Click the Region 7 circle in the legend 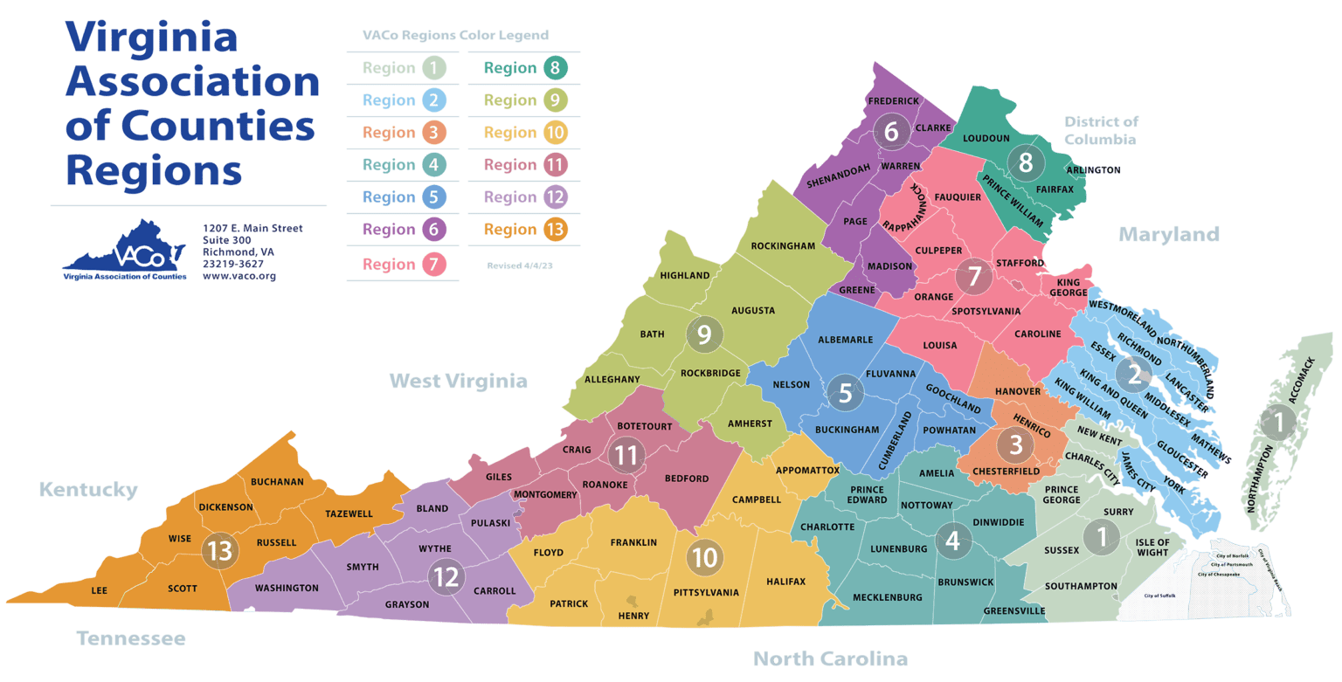pyautogui.click(x=434, y=264)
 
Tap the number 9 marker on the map pyautogui.click(x=704, y=334)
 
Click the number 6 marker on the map pyautogui.click(x=891, y=132)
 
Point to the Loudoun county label pyautogui.click(x=986, y=138)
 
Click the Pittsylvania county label pyautogui.click(x=706, y=592)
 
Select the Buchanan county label pyautogui.click(x=277, y=481)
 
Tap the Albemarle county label pyautogui.click(x=845, y=340)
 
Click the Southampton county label pyautogui.click(x=1081, y=586)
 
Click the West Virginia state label pyautogui.click(x=458, y=381)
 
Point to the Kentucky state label pyautogui.click(x=88, y=489)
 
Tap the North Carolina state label pyautogui.click(x=830, y=658)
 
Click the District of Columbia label pyautogui.click(x=1101, y=130)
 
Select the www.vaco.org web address pyautogui.click(x=239, y=276)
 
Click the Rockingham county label pyautogui.click(x=782, y=246)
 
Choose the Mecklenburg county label pyautogui.click(x=888, y=597)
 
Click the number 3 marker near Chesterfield pyautogui.click(x=1015, y=444)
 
